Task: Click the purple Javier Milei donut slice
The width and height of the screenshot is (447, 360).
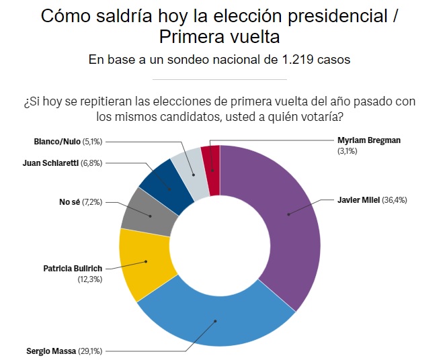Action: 286,215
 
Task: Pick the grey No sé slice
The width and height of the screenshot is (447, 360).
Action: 149,215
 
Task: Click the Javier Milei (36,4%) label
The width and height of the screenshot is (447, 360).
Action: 372,200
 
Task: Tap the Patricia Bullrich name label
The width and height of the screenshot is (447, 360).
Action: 73,268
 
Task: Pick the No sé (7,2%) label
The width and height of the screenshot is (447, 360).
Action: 80,201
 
